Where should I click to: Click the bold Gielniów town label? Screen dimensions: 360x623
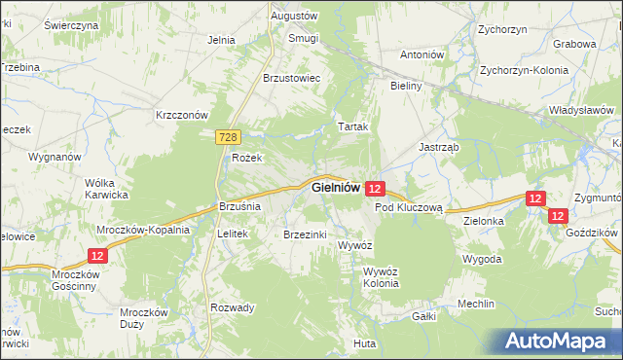336,187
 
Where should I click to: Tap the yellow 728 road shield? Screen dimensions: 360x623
228,140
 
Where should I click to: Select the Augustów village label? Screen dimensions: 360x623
295,17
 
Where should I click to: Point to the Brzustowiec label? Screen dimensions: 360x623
292,78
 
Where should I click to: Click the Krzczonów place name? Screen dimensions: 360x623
183,114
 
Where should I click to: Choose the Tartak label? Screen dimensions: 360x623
351,127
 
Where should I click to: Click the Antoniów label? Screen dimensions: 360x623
422,54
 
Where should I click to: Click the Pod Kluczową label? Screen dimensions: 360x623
409,207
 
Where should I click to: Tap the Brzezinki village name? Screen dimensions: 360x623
306,234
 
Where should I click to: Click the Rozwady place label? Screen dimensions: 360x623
233,307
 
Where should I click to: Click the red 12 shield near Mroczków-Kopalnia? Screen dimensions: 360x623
97,255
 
